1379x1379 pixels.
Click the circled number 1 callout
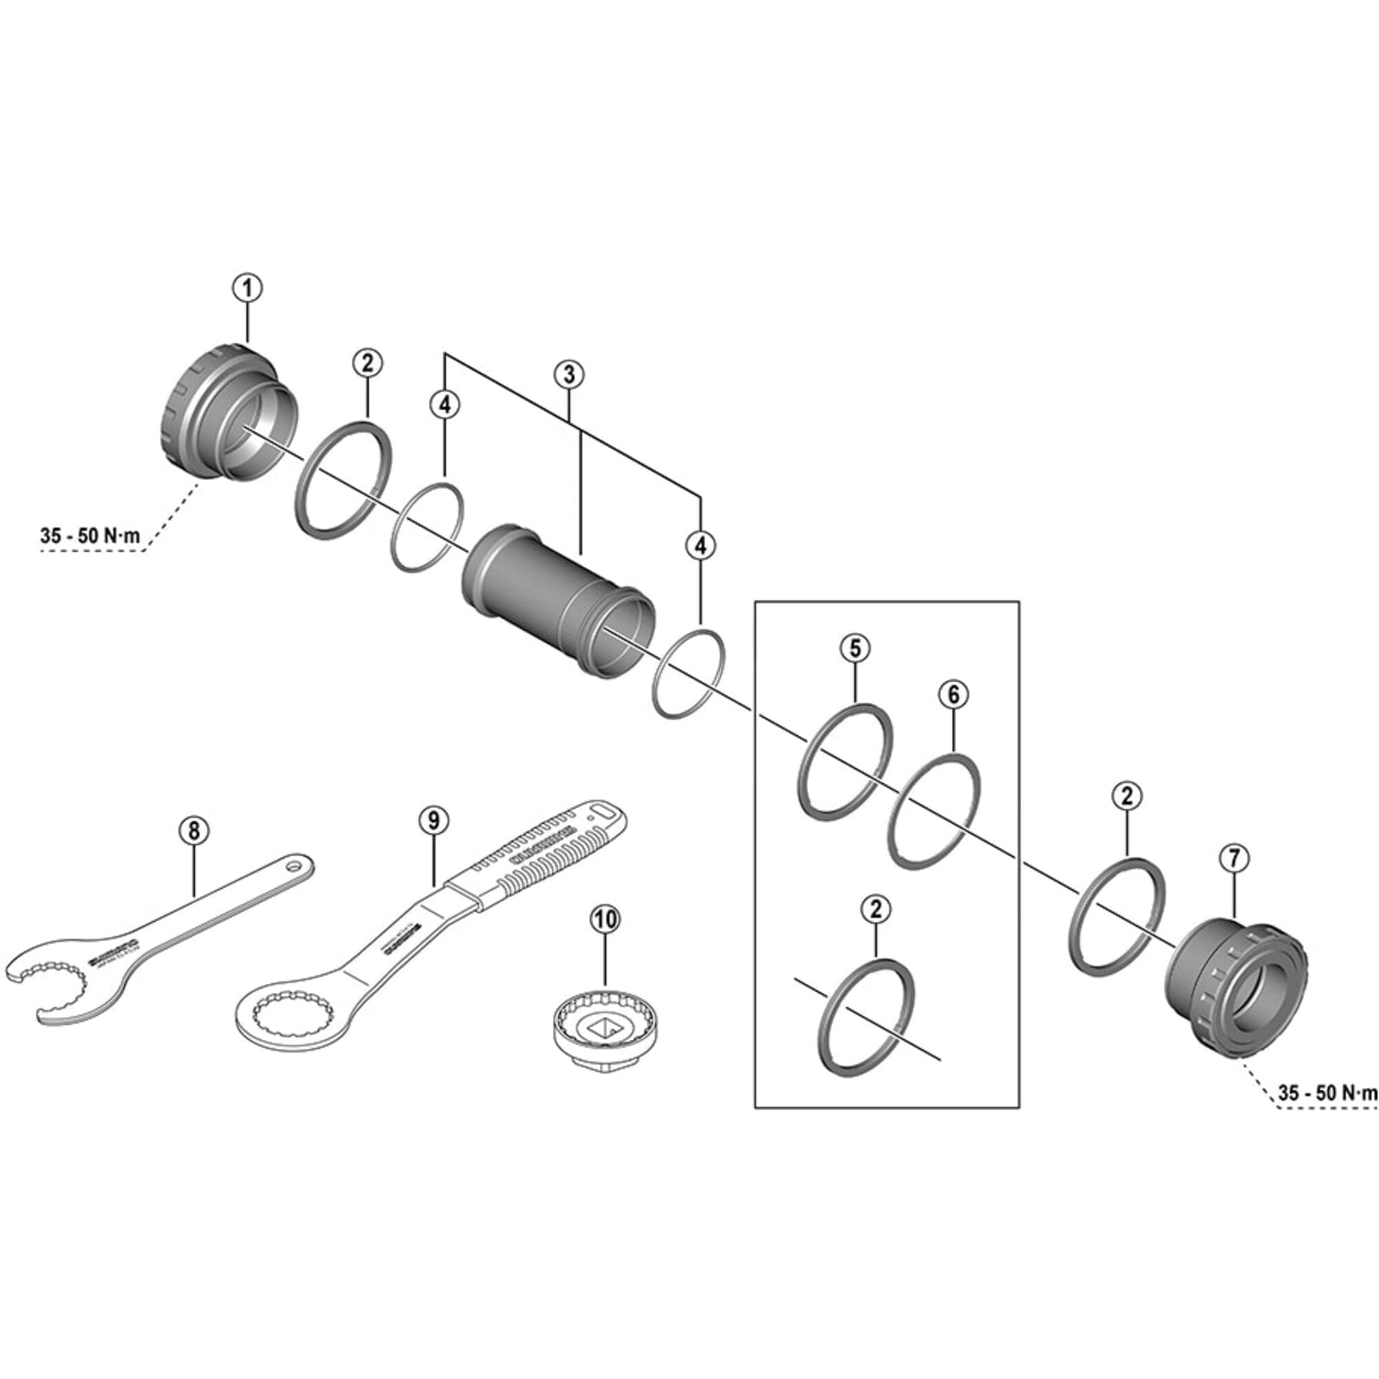coord(247,288)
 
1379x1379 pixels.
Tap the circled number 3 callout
coord(569,374)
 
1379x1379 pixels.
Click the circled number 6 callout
coord(954,693)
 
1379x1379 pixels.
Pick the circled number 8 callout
coord(194,830)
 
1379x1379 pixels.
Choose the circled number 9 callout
coord(434,820)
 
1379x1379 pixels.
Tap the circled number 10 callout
coord(605,920)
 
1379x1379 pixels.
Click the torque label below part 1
coord(90,536)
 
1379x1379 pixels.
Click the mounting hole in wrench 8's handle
coord(293,867)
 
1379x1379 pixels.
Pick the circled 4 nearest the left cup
coord(445,405)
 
